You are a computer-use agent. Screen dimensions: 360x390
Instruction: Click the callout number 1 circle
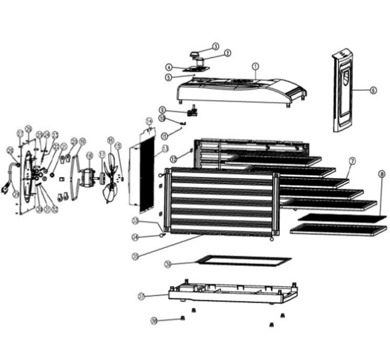click(x=255, y=66)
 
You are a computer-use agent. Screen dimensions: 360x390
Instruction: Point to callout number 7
click(x=352, y=160)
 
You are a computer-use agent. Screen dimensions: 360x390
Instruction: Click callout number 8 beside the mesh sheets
click(x=381, y=174)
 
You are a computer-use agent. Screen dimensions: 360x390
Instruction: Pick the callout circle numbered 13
click(x=157, y=149)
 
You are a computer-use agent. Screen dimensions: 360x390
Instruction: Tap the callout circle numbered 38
click(x=154, y=321)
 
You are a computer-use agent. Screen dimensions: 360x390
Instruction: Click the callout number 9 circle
click(x=163, y=110)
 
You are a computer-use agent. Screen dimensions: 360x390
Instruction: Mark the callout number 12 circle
click(x=173, y=159)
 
